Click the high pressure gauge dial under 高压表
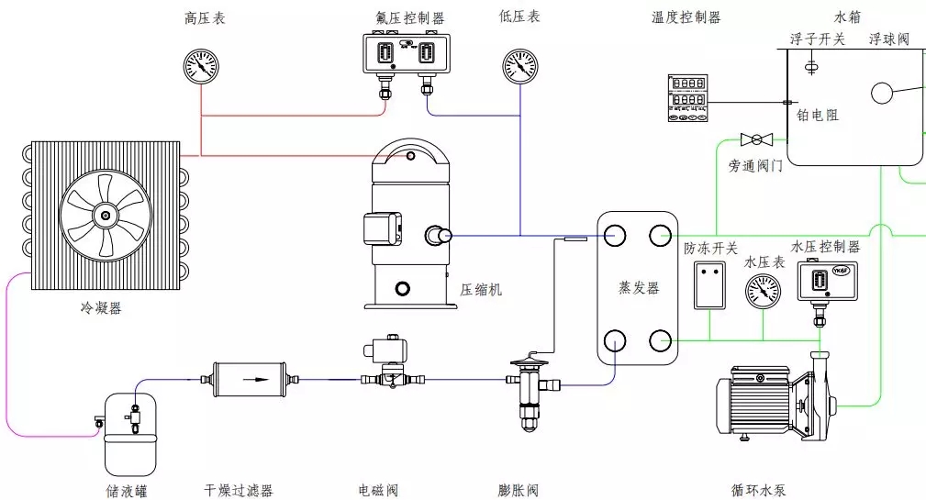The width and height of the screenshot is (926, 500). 201,66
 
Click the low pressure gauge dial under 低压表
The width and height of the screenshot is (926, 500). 520,66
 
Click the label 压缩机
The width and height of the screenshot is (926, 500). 481,290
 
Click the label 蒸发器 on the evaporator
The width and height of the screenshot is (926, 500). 639,288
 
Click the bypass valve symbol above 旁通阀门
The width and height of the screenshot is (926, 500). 757,139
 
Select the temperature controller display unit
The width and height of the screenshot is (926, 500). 687,99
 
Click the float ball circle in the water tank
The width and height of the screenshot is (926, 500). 883,94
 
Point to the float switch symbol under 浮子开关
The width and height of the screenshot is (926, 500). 811,66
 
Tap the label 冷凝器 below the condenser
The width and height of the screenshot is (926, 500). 101,308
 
